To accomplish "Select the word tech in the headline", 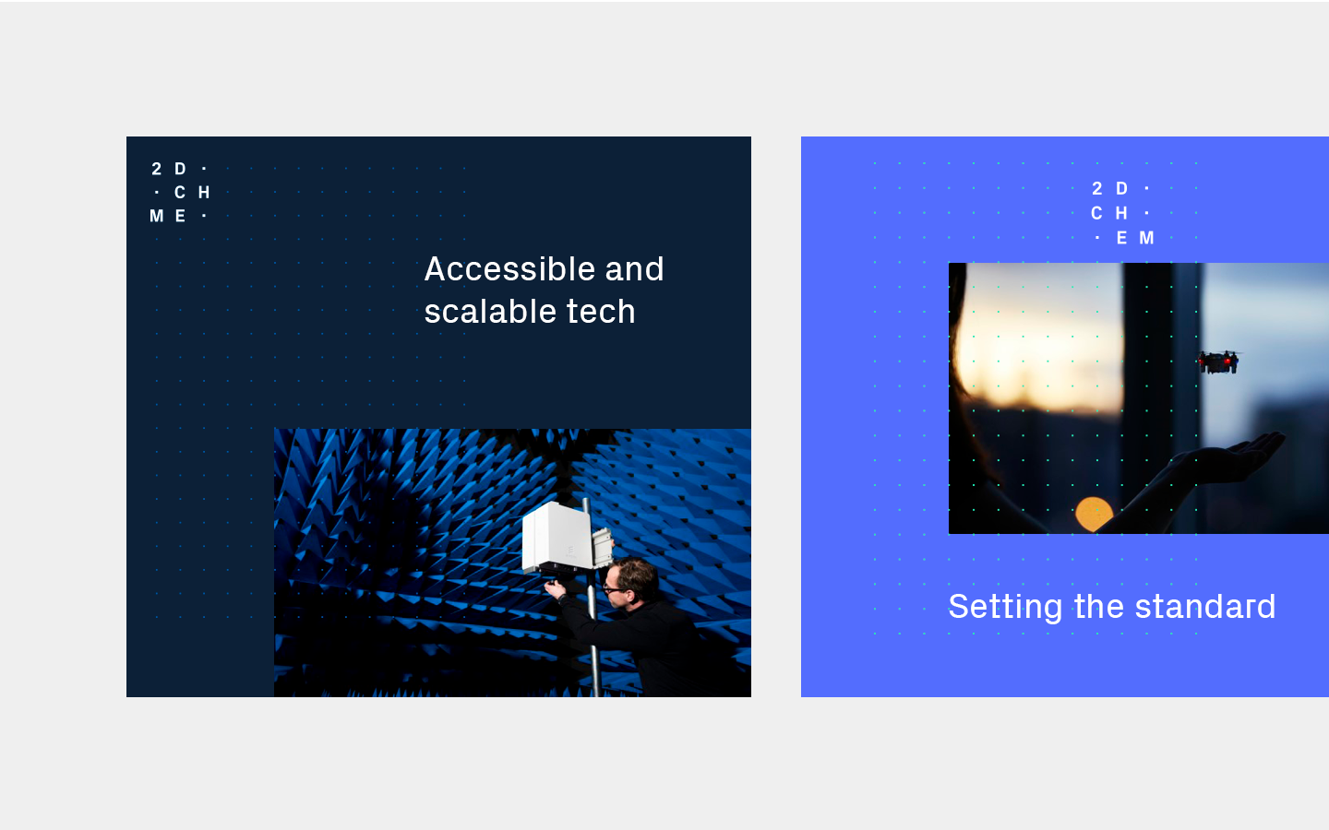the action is pyautogui.click(x=601, y=312).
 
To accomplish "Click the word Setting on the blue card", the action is pyautogui.click(x=1005, y=607).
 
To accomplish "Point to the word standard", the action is pyautogui.click(x=1205, y=606).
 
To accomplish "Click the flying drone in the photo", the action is pyautogui.click(x=1218, y=362).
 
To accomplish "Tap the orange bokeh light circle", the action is pyautogui.click(x=1094, y=514).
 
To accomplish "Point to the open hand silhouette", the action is pyautogui.click(x=1228, y=456).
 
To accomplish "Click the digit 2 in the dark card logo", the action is pyautogui.click(x=157, y=169).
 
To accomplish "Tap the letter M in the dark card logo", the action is pyautogui.click(x=157, y=216).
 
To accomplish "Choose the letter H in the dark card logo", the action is pyautogui.click(x=203, y=192).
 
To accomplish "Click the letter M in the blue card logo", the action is pyautogui.click(x=1147, y=238).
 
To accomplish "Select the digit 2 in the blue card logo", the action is pyautogui.click(x=1097, y=188).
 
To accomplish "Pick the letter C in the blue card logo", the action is pyautogui.click(x=1096, y=213).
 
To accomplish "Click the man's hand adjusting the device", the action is pyautogui.click(x=556, y=588).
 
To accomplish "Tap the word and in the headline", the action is pyautogui.click(x=634, y=269).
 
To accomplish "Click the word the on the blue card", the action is pyautogui.click(x=1099, y=606).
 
